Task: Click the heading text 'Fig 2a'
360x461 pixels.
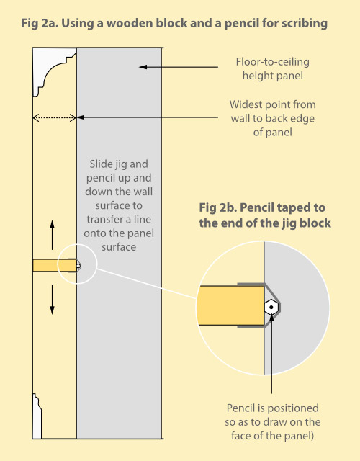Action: pyautogui.click(x=40, y=24)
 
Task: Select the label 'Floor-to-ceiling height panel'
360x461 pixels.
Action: pyautogui.click(x=272, y=69)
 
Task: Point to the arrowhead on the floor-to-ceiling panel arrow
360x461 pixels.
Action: pyautogui.click(x=143, y=67)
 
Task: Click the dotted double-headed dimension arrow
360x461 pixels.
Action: pyautogui.click(x=55, y=118)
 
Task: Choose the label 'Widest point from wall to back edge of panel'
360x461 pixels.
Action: pyautogui.click(x=272, y=118)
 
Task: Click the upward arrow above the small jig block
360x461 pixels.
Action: pyautogui.click(x=52, y=235)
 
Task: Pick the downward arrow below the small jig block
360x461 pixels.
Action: pyautogui.click(x=52, y=300)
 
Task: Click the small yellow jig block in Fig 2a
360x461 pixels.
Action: pyautogui.click(x=55, y=266)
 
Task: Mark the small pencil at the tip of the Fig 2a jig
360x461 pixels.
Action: pyautogui.click(x=78, y=266)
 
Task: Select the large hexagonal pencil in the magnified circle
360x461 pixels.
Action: pyautogui.click(x=271, y=308)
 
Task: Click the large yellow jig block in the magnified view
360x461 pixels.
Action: pyautogui.click(x=230, y=305)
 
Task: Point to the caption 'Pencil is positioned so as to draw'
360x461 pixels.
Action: pyautogui.click(x=272, y=415)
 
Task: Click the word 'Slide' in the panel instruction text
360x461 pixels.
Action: pyautogui.click(x=101, y=164)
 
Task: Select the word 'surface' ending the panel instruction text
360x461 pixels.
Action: pyautogui.click(x=119, y=247)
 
